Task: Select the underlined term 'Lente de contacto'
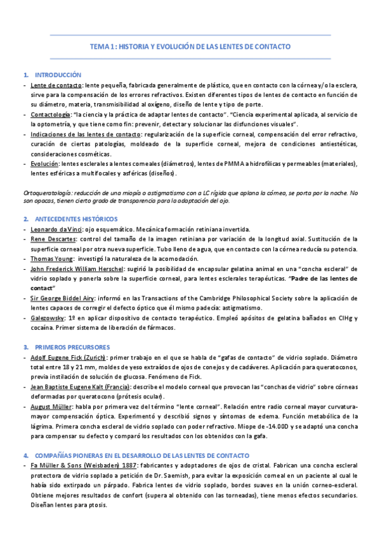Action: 56,85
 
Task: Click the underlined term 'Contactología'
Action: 51,115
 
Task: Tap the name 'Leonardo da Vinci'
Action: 56,229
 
